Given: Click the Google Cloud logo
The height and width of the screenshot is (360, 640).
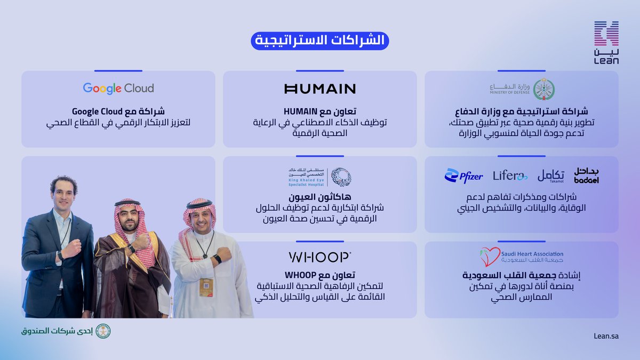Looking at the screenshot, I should pyautogui.click(x=118, y=89).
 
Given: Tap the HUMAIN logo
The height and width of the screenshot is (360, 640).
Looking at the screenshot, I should pyautogui.click(x=320, y=89).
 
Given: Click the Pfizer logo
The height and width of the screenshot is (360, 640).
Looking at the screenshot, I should pyautogui.click(x=463, y=175).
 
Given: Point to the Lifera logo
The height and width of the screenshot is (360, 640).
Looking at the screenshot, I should pyautogui.click(x=510, y=175).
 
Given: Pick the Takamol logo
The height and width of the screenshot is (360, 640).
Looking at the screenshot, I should pyautogui.click(x=550, y=175).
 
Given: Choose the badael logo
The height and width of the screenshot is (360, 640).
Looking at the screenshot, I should pyautogui.click(x=587, y=175).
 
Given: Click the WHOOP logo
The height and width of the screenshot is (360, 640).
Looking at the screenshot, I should pyautogui.click(x=320, y=257).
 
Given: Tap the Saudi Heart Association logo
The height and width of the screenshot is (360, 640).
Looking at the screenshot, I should pyautogui.click(x=522, y=257).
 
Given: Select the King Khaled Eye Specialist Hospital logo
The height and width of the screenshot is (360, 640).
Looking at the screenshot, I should pyautogui.click(x=320, y=177).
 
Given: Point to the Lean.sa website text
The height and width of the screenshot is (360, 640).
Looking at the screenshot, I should pyautogui.click(x=605, y=335).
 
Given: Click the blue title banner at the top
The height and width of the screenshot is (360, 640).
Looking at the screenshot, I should pyautogui.click(x=320, y=42).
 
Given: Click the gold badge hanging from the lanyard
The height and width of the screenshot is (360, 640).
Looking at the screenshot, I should pyautogui.click(x=206, y=287).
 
